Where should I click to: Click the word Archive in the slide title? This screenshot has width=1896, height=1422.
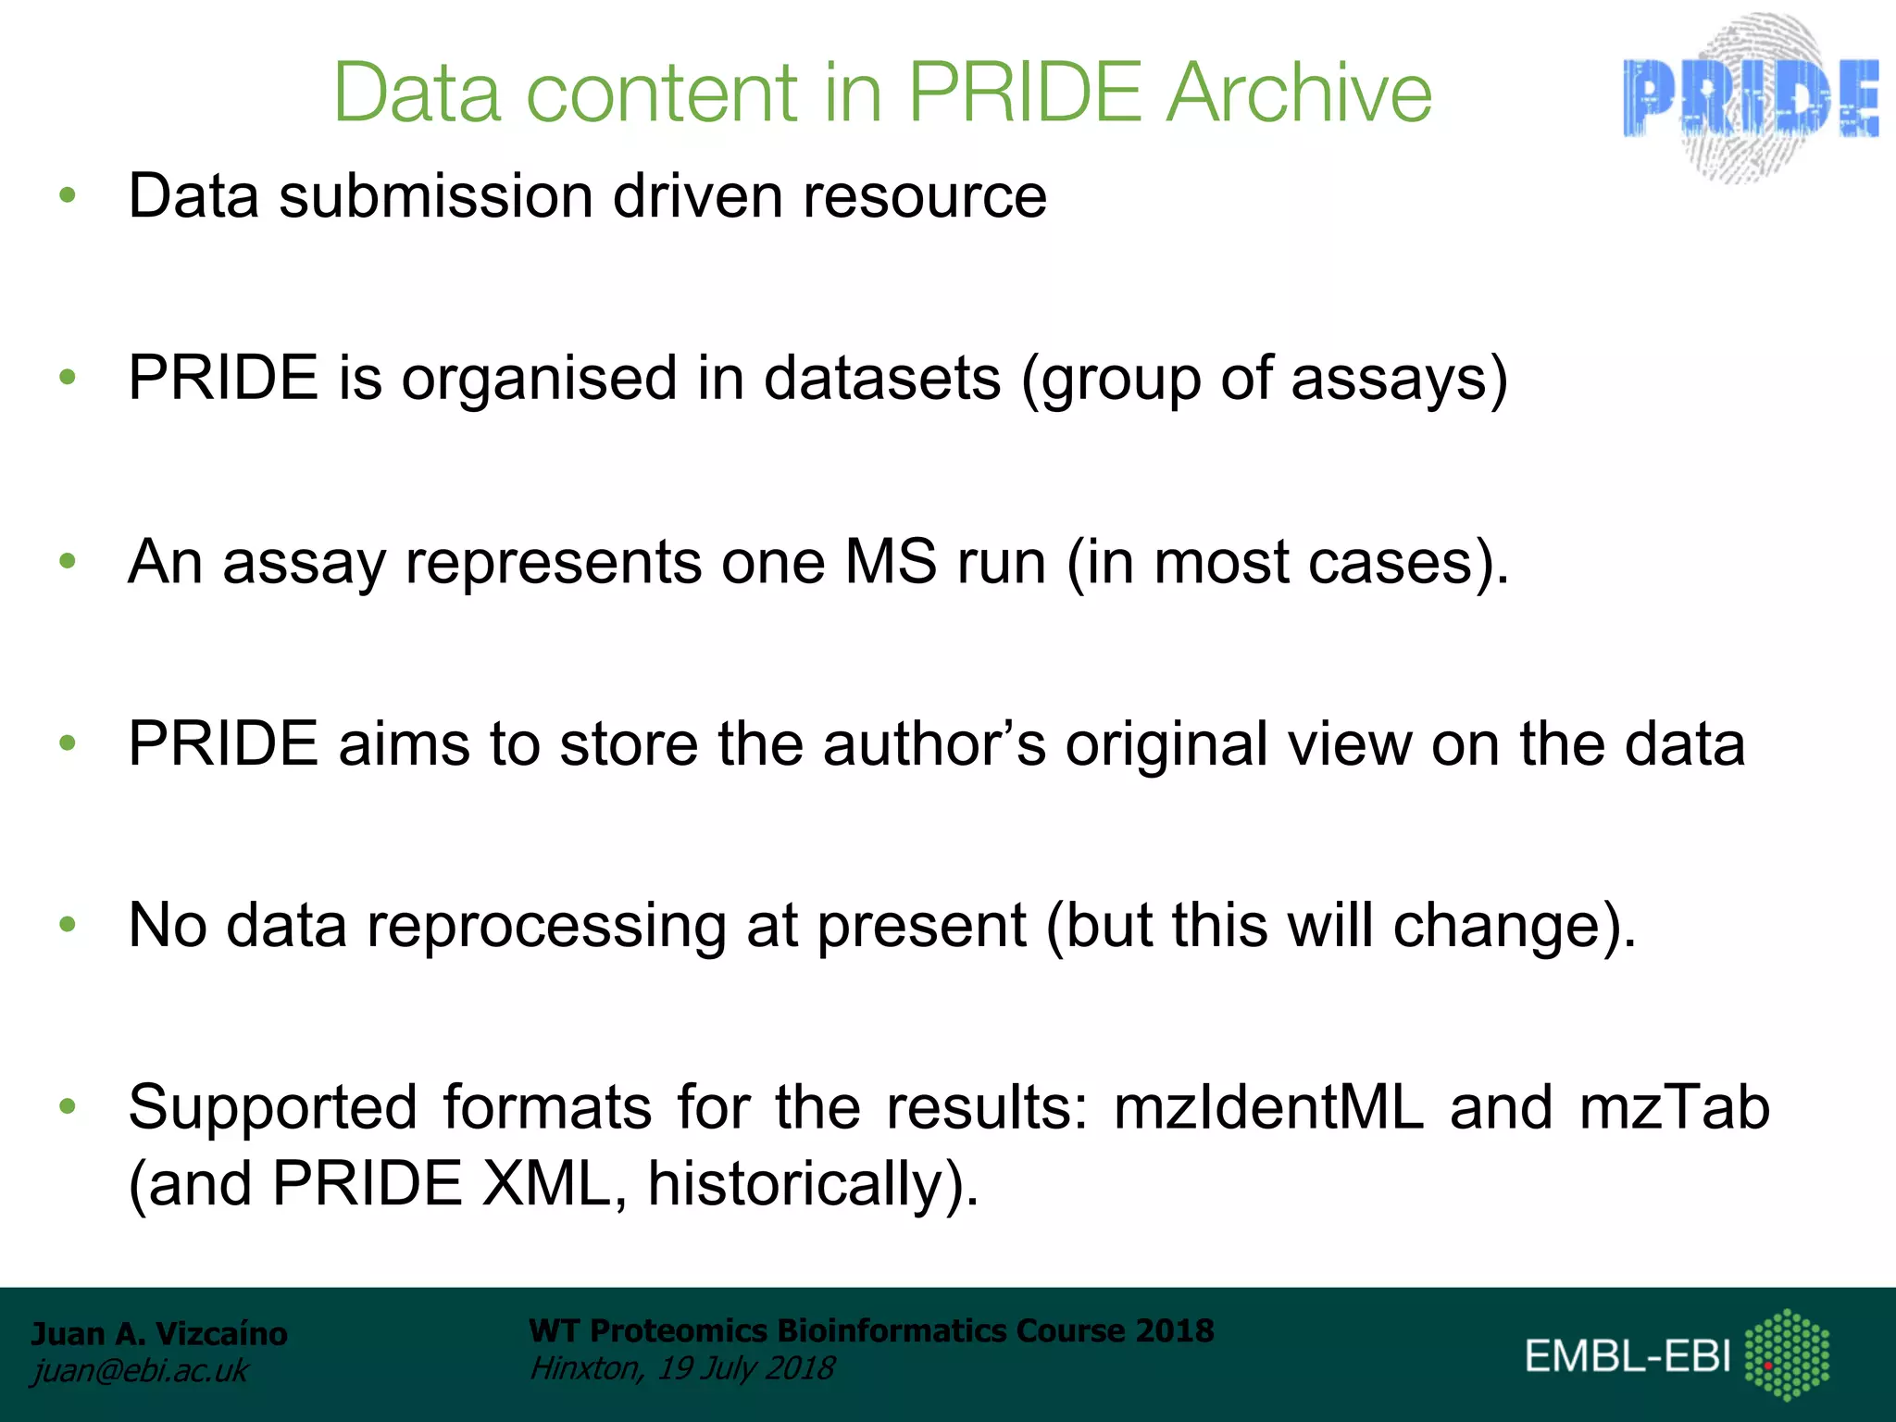click(1298, 93)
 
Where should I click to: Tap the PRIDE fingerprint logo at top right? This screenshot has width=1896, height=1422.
click(1751, 97)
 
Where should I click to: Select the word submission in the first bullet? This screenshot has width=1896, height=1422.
click(435, 196)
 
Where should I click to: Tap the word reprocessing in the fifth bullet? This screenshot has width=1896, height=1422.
click(546, 926)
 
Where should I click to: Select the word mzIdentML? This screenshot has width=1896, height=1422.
click(1268, 1107)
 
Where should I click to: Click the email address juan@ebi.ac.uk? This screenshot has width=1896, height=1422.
click(140, 1371)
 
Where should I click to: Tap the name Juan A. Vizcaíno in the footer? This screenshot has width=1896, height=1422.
click(159, 1334)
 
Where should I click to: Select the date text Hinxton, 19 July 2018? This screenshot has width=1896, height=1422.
click(682, 1368)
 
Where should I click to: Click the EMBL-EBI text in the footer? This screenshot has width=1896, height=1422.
click(1628, 1356)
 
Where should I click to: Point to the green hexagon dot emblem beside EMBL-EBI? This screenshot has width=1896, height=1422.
click(1787, 1354)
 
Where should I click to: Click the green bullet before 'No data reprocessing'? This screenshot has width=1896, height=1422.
click(67, 924)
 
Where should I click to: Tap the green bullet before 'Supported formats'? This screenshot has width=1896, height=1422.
click(67, 1105)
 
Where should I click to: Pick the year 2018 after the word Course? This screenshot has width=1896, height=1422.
click(1175, 1330)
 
